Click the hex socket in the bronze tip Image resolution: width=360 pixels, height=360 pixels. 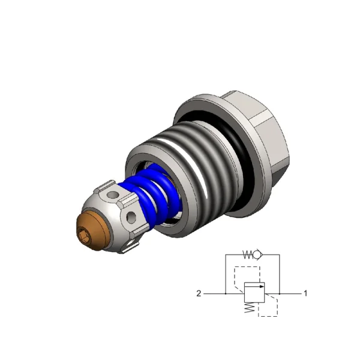pos(84,236)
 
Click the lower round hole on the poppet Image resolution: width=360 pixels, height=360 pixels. pos(131,217)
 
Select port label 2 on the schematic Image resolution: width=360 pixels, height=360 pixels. pos(199,293)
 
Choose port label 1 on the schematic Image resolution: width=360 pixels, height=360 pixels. pos(305,293)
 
